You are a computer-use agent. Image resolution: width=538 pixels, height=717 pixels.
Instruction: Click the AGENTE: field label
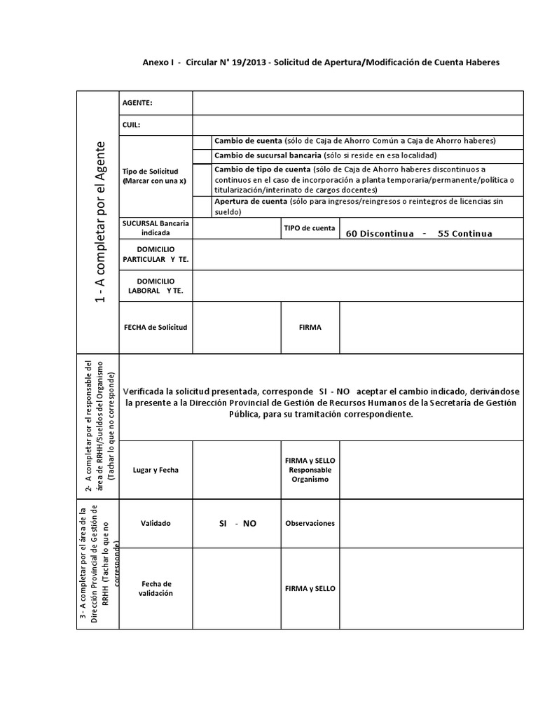click(x=137, y=103)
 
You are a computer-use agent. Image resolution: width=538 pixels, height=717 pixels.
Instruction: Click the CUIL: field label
click(x=132, y=125)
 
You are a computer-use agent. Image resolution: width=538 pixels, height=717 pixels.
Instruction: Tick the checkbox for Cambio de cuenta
click(x=202, y=141)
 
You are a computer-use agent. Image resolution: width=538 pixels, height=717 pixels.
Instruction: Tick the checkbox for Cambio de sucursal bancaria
click(x=202, y=155)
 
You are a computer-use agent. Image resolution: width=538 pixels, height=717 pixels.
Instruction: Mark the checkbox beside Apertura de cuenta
click(x=202, y=205)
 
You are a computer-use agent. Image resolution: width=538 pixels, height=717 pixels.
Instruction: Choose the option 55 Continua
click(x=464, y=233)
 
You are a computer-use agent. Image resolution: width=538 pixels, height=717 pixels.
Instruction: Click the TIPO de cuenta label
click(x=309, y=228)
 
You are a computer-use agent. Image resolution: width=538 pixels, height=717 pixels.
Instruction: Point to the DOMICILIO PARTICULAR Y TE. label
click(x=156, y=254)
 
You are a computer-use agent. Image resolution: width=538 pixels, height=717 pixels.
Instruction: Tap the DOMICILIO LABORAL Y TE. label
click(x=156, y=286)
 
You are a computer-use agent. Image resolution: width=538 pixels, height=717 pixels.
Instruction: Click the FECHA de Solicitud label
click(x=156, y=327)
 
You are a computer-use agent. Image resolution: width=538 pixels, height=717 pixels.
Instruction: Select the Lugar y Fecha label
click(x=156, y=470)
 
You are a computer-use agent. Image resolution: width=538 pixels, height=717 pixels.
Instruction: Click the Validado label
click(x=156, y=523)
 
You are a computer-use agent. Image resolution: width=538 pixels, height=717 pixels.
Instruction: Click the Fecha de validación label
click(x=156, y=588)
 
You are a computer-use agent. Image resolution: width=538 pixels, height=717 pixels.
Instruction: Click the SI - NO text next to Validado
click(x=237, y=523)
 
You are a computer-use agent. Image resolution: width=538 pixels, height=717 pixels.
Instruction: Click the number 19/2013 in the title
click(x=250, y=62)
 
